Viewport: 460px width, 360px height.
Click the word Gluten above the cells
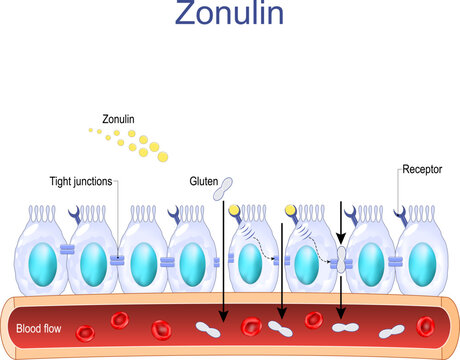coord(202,182)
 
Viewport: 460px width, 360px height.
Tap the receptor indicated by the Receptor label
coord(402,213)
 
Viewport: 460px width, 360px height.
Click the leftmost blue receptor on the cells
coord(72,213)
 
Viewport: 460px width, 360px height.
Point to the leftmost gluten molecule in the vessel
coord(211,327)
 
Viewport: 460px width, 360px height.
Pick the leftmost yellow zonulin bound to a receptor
coord(234,211)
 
